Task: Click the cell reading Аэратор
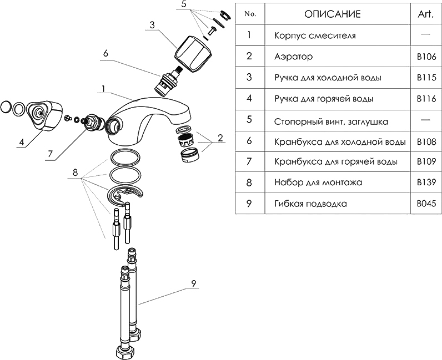[294, 56]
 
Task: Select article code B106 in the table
[426, 56]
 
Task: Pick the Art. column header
[426, 14]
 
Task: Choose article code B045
[426, 204]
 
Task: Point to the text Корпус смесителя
[314, 35]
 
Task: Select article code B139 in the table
[426, 182]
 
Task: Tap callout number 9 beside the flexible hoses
[193, 283]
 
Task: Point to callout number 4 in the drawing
[21, 141]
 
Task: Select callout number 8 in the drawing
[76, 173]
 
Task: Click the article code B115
[426, 77]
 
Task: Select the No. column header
[250, 14]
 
